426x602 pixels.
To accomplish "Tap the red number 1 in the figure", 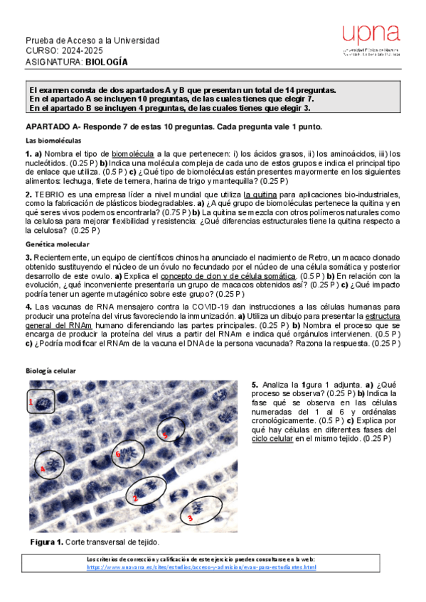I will [31, 402].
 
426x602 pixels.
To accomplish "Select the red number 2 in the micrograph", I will [135, 498].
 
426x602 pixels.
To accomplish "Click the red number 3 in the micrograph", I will [190, 518].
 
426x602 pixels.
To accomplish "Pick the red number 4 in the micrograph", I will [42, 469].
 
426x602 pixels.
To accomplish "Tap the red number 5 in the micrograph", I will [165, 434].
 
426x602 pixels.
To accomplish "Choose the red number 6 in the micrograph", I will [118, 454].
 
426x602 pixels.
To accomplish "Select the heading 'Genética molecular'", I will [55, 243].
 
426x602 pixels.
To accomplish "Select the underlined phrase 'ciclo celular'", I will [273, 439].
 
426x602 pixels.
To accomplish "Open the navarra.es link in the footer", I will [202, 567].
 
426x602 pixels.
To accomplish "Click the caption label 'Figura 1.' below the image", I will [47, 542].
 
